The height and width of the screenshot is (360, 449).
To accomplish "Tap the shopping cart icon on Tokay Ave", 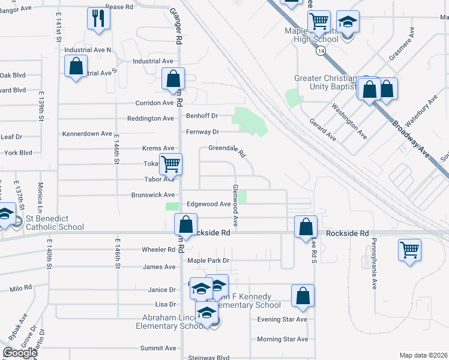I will click(171, 163).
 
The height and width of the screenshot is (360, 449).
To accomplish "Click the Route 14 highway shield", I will click(322, 52).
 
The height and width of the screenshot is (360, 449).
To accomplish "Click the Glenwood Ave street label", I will click(236, 205).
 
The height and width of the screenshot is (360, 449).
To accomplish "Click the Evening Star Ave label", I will click(282, 319).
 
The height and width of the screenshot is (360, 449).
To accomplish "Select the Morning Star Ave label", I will click(282, 339).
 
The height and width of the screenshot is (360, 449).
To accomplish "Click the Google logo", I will click(20, 353).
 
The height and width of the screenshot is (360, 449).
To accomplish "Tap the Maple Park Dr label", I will click(208, 260).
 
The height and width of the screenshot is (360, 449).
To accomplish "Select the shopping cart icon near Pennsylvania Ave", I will click(409, 249).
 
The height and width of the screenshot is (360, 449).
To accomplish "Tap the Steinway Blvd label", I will click(209, 358).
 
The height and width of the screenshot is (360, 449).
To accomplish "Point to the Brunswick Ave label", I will click(153, 195).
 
